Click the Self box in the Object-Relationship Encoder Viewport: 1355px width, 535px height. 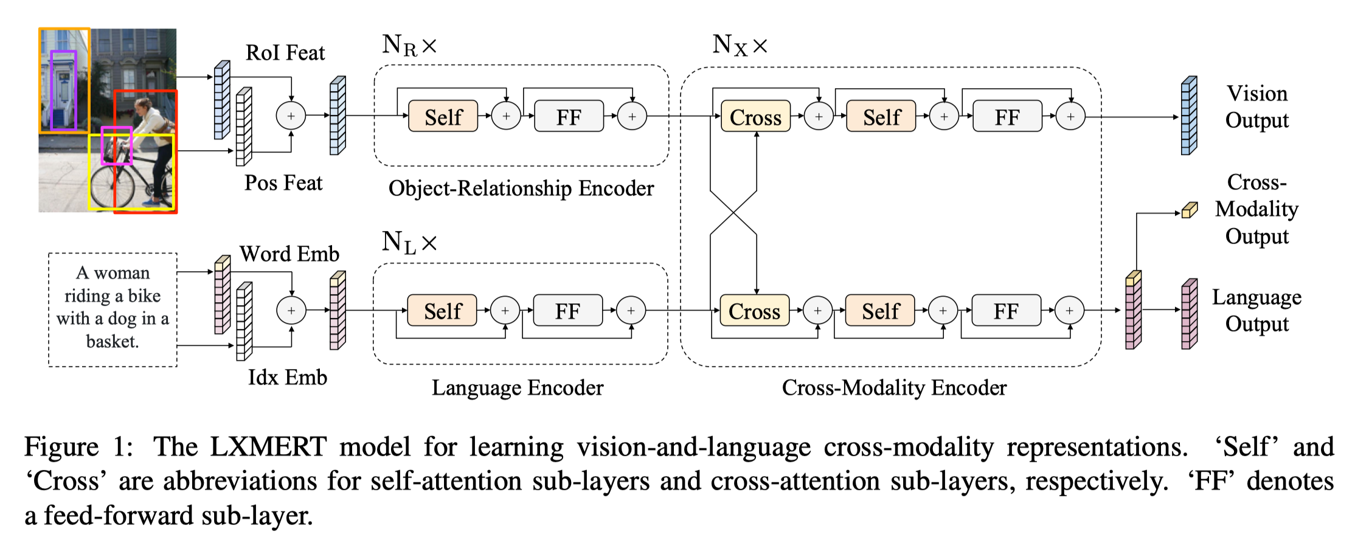coord(443,116)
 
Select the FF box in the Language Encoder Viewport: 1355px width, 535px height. coord(567,311)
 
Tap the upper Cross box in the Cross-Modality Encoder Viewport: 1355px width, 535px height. coord(755,116)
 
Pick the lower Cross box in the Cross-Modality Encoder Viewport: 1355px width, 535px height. coord(754,311)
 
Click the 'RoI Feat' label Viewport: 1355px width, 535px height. coord(285,53)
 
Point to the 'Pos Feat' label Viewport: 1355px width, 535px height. coord(283,183)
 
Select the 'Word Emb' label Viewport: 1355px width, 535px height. coord(289,254)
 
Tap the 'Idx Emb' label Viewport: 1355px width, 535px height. coord(287,378)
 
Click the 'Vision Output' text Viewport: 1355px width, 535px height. coord(1256,106)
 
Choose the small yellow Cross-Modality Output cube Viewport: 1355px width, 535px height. coord(1189,210)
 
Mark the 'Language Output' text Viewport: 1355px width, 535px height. coord(1256,310)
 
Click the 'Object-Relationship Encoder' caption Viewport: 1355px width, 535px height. coord(521,188)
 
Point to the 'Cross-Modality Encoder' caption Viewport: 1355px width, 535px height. coord(894,387)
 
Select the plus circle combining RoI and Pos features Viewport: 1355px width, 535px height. coord(291,116)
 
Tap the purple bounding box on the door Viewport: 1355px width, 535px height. coord(52,91)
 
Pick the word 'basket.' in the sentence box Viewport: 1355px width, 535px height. coord(113,341)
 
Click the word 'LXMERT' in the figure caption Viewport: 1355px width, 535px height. coord(268,447)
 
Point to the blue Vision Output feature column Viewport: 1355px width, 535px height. coord(1188,116)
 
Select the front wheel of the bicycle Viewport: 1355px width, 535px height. coord(113,185)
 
